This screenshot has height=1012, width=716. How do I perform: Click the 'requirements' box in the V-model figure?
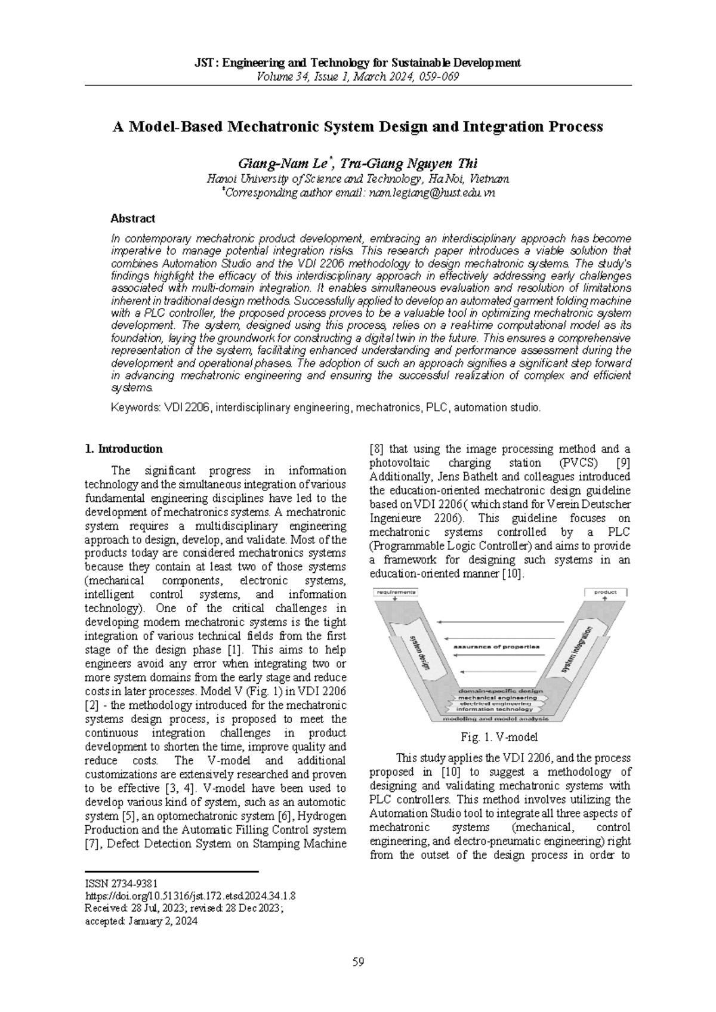point(396,593)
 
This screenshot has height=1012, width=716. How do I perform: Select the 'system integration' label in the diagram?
point(577,650)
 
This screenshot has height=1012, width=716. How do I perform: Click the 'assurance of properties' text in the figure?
point(496,646)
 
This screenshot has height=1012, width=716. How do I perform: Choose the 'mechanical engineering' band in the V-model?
point(497,697)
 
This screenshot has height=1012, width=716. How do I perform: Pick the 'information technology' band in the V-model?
point(497,709)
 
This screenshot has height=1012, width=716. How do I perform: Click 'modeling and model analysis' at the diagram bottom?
point(497,719)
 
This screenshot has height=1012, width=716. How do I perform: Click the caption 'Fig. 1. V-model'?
point(500,738)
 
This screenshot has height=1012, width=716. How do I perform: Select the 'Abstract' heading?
point(132,218)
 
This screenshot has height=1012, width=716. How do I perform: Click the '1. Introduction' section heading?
point(124,449)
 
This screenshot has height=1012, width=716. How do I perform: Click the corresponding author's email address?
point(432,193)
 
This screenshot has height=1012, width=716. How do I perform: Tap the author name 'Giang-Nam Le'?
point(283,163)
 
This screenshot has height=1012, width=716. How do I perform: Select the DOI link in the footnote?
point(190,896)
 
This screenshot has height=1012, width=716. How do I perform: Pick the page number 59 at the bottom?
point(358,962)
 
